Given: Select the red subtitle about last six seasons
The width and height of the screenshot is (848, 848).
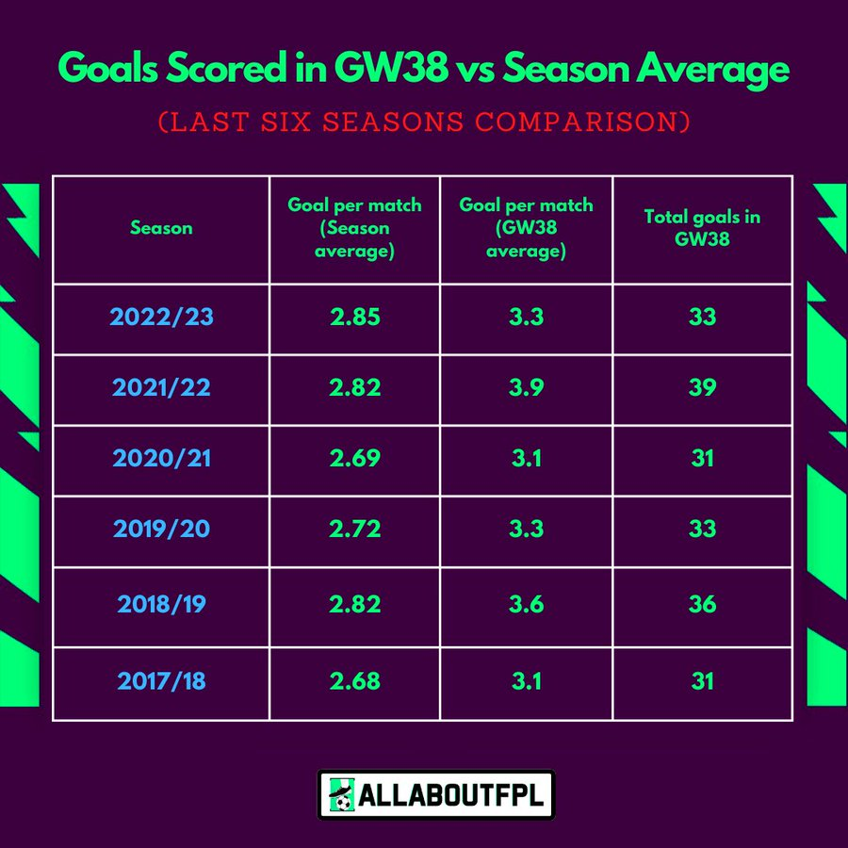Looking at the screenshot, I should click(424, 122).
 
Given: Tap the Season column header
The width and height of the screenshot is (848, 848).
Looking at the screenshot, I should click(161, 228).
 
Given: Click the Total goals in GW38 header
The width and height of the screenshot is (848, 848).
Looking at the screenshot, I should click(702, 228).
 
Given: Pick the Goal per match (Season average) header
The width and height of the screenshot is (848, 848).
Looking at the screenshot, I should click(354, 228).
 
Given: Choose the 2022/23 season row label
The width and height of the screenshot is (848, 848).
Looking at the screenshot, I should click(161, 317).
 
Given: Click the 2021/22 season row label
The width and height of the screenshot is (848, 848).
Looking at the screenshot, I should click(161, 387).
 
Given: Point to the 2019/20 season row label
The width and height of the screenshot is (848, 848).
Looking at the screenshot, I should click(161, 529).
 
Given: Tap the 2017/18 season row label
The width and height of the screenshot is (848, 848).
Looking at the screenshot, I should click(161, 680).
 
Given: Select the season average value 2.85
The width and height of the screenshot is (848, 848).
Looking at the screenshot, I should click(354, 317).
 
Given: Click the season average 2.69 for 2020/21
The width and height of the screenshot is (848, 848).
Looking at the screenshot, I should click(354, 458).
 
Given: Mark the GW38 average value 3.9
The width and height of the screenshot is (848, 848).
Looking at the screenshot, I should click(526, 387).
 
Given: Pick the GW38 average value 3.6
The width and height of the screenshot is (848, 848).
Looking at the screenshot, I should click(526, 604).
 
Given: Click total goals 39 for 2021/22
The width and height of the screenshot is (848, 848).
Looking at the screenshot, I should click(702, 387).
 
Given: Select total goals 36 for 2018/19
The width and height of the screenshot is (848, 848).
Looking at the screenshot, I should click(702, 604).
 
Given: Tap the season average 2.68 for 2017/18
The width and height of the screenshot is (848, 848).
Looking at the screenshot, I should click(354, 680).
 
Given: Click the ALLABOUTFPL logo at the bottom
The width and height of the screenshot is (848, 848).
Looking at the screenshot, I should click(435, 795).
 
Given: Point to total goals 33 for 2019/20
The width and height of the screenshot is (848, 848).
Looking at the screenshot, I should click(702, 529).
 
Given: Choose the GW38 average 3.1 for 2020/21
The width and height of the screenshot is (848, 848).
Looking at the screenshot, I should click(526, 458).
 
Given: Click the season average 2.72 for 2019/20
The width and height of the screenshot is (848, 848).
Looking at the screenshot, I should click(354, 529).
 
